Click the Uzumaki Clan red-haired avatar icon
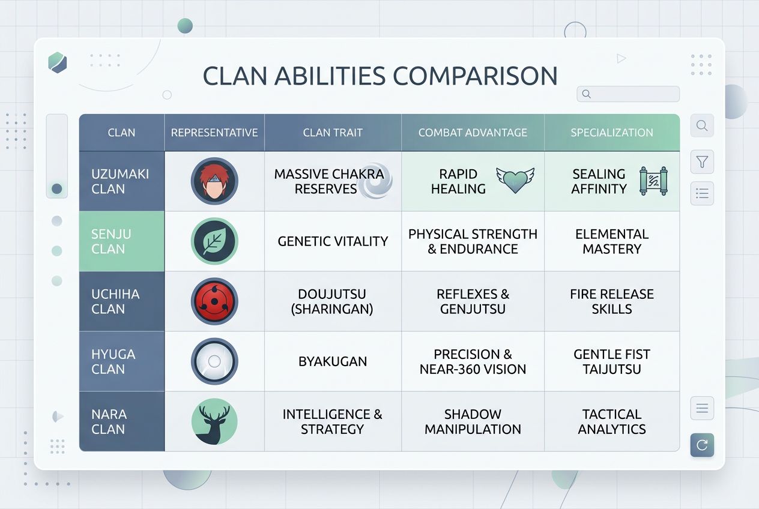click(x=214, y=181)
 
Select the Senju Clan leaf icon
click(x=214, y=241)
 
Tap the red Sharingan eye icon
click(x=214, y=301)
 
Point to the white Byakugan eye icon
click(x=214, y=361)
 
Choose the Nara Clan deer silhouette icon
click(x=214, y=421)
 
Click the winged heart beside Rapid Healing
click(x=515, y=180)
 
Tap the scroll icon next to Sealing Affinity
click(x=654, y=181)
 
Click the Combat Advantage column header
click(x=473, y=133)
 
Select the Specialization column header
click(x=612, y=133)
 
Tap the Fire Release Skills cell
click(x=612, y=301)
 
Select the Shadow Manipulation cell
click(x=473, y=421)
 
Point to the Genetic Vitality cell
click(x=333, y=241)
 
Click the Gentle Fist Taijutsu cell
click(x=612, y=361)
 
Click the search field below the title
click(x=628, y=94)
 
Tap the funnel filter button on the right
click(x=702, y=162)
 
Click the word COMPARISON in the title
click(x=475, y=76)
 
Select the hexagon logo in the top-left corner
click(x=58, y=62)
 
